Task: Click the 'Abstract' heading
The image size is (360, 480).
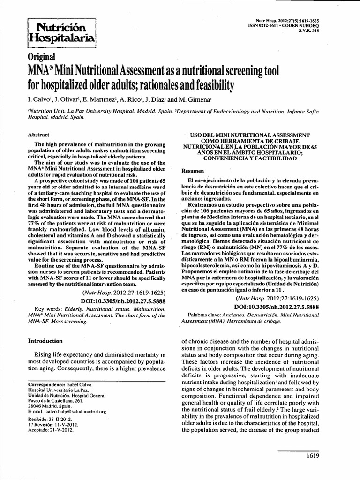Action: [x=39, y=134]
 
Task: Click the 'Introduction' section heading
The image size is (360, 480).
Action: [x=45, y=341]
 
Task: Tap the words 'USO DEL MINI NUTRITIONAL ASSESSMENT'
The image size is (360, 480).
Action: [x=252, y=135]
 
